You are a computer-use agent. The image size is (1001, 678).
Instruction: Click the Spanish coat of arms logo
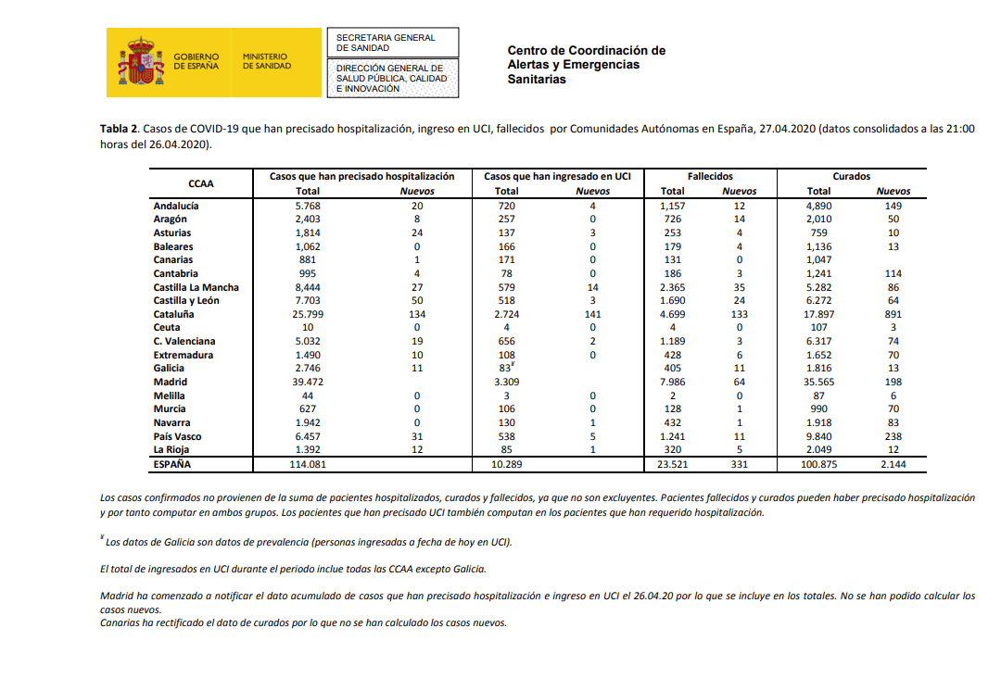point(141,62)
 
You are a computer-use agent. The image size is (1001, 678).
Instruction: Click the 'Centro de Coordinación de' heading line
point(586,51)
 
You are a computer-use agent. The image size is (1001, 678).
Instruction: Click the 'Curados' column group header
point(851,176)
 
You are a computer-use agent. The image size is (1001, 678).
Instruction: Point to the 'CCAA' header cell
point(201,183)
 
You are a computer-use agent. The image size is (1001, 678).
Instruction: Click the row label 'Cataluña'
point(173,314)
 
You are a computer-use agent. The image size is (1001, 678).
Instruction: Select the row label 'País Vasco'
point(177,436)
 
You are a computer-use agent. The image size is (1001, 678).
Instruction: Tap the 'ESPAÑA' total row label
point(172,464)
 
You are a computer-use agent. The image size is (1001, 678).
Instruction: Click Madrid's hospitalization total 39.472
point(307,382)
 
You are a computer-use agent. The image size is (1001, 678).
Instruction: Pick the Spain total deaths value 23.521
point(673,464)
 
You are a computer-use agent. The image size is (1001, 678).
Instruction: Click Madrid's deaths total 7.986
point(673,382)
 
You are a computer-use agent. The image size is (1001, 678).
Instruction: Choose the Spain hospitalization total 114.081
point(307,464)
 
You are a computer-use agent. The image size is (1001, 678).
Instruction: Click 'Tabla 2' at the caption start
point(120,129)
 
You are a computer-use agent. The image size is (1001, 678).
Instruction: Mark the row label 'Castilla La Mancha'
point(196,287)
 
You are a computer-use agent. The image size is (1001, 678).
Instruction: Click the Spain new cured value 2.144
point(893,464)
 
